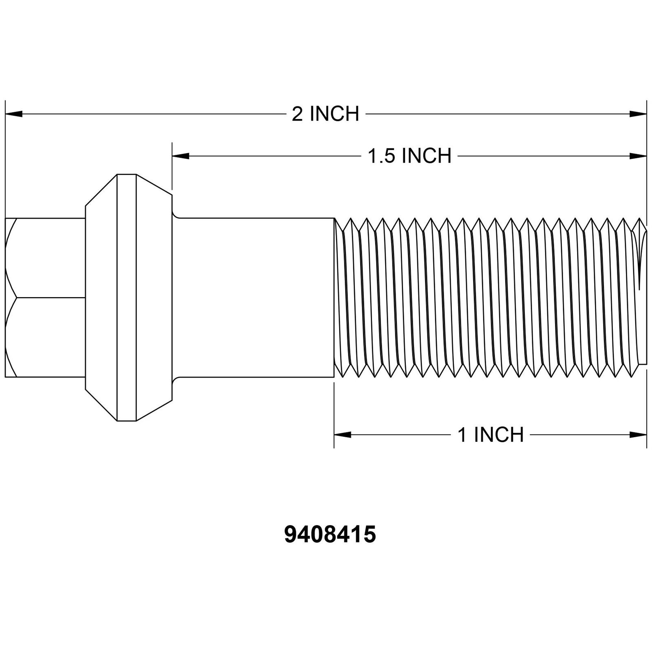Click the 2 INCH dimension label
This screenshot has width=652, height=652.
pyautogui.click(x=325, y=114)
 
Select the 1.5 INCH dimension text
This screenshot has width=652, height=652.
pyautogui.click(x=410, y=156)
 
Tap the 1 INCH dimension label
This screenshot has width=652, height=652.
pyautogui.click(x=491, y=435)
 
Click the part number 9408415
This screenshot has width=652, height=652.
pyautogui.click(x=330, y=535)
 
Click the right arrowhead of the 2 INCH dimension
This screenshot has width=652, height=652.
pyautogui.click(x=638, y=114)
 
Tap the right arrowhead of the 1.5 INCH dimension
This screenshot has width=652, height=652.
pyautogui.click(x=638, y=156)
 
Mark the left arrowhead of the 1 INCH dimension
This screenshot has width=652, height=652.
pyautogui.click(x=343, y=435)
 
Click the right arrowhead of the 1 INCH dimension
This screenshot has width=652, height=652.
pyautogui.click(x=638, y=435)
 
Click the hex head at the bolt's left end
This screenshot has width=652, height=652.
pyautogui.click(x=45, y=297)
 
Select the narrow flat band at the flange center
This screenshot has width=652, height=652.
pyautogui.click(x=127, y=297)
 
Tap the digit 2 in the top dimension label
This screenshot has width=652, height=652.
pyautogui.click(x=297, y=114)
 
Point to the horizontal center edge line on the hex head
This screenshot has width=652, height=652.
pyautogui.click(x=49, y=297)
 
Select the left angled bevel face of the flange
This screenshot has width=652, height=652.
pyautogui.click(x=101, y=297)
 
